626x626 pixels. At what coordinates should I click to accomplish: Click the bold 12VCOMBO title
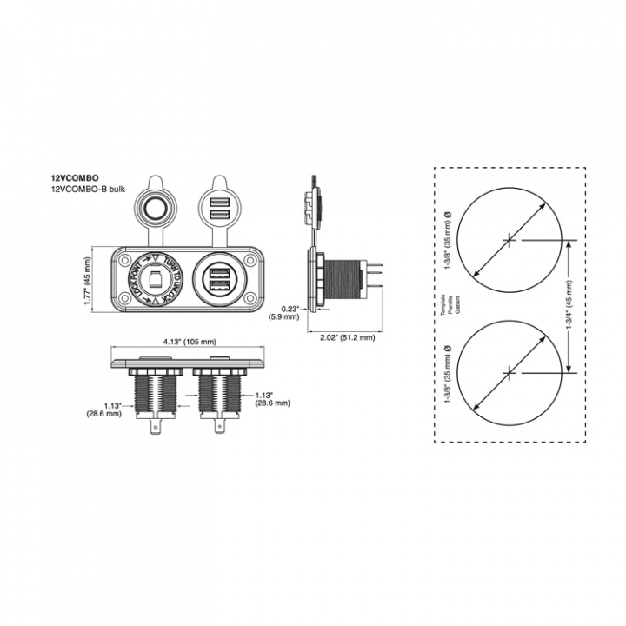(x=75, y=176)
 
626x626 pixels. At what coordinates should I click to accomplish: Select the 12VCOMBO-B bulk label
(x=89, y=188)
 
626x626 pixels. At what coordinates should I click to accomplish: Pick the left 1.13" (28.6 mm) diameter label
(x=112, y=410)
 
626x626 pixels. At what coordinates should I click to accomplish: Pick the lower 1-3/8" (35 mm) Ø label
(x=447, y=371)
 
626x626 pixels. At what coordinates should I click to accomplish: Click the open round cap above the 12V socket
(x=156, y=209)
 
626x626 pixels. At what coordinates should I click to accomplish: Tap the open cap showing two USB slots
(x=217, y=209)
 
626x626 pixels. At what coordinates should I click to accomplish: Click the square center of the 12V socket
(x=153, y=278)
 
